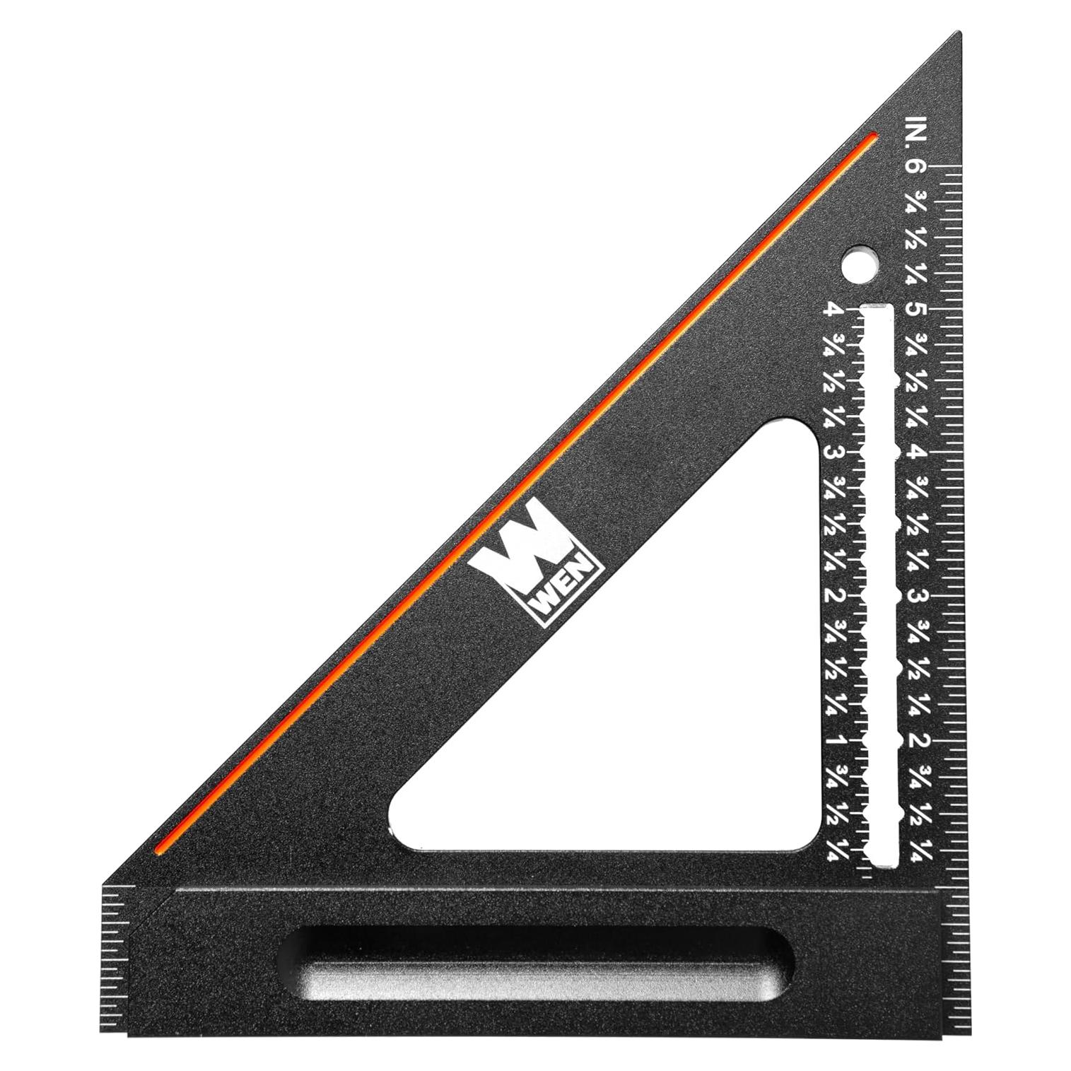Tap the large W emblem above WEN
click(529, 544)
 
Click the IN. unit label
click(917, 129)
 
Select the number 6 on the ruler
click(915, 167)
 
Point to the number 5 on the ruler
click(917, 310)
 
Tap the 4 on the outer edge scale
click(916, 453)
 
